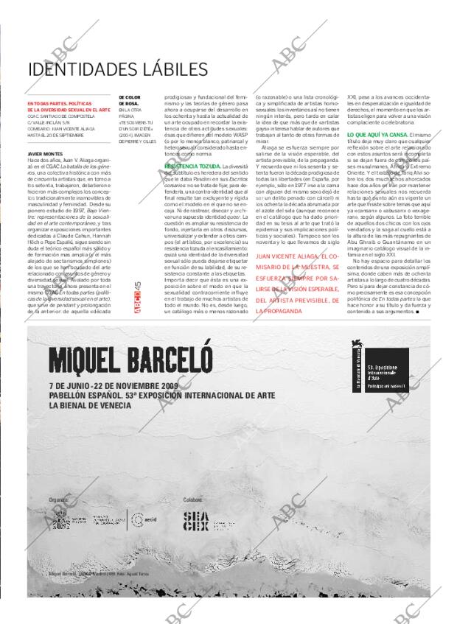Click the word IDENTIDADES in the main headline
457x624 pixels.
coord(88,69)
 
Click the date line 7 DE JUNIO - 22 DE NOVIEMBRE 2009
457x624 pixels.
coord(124,385)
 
